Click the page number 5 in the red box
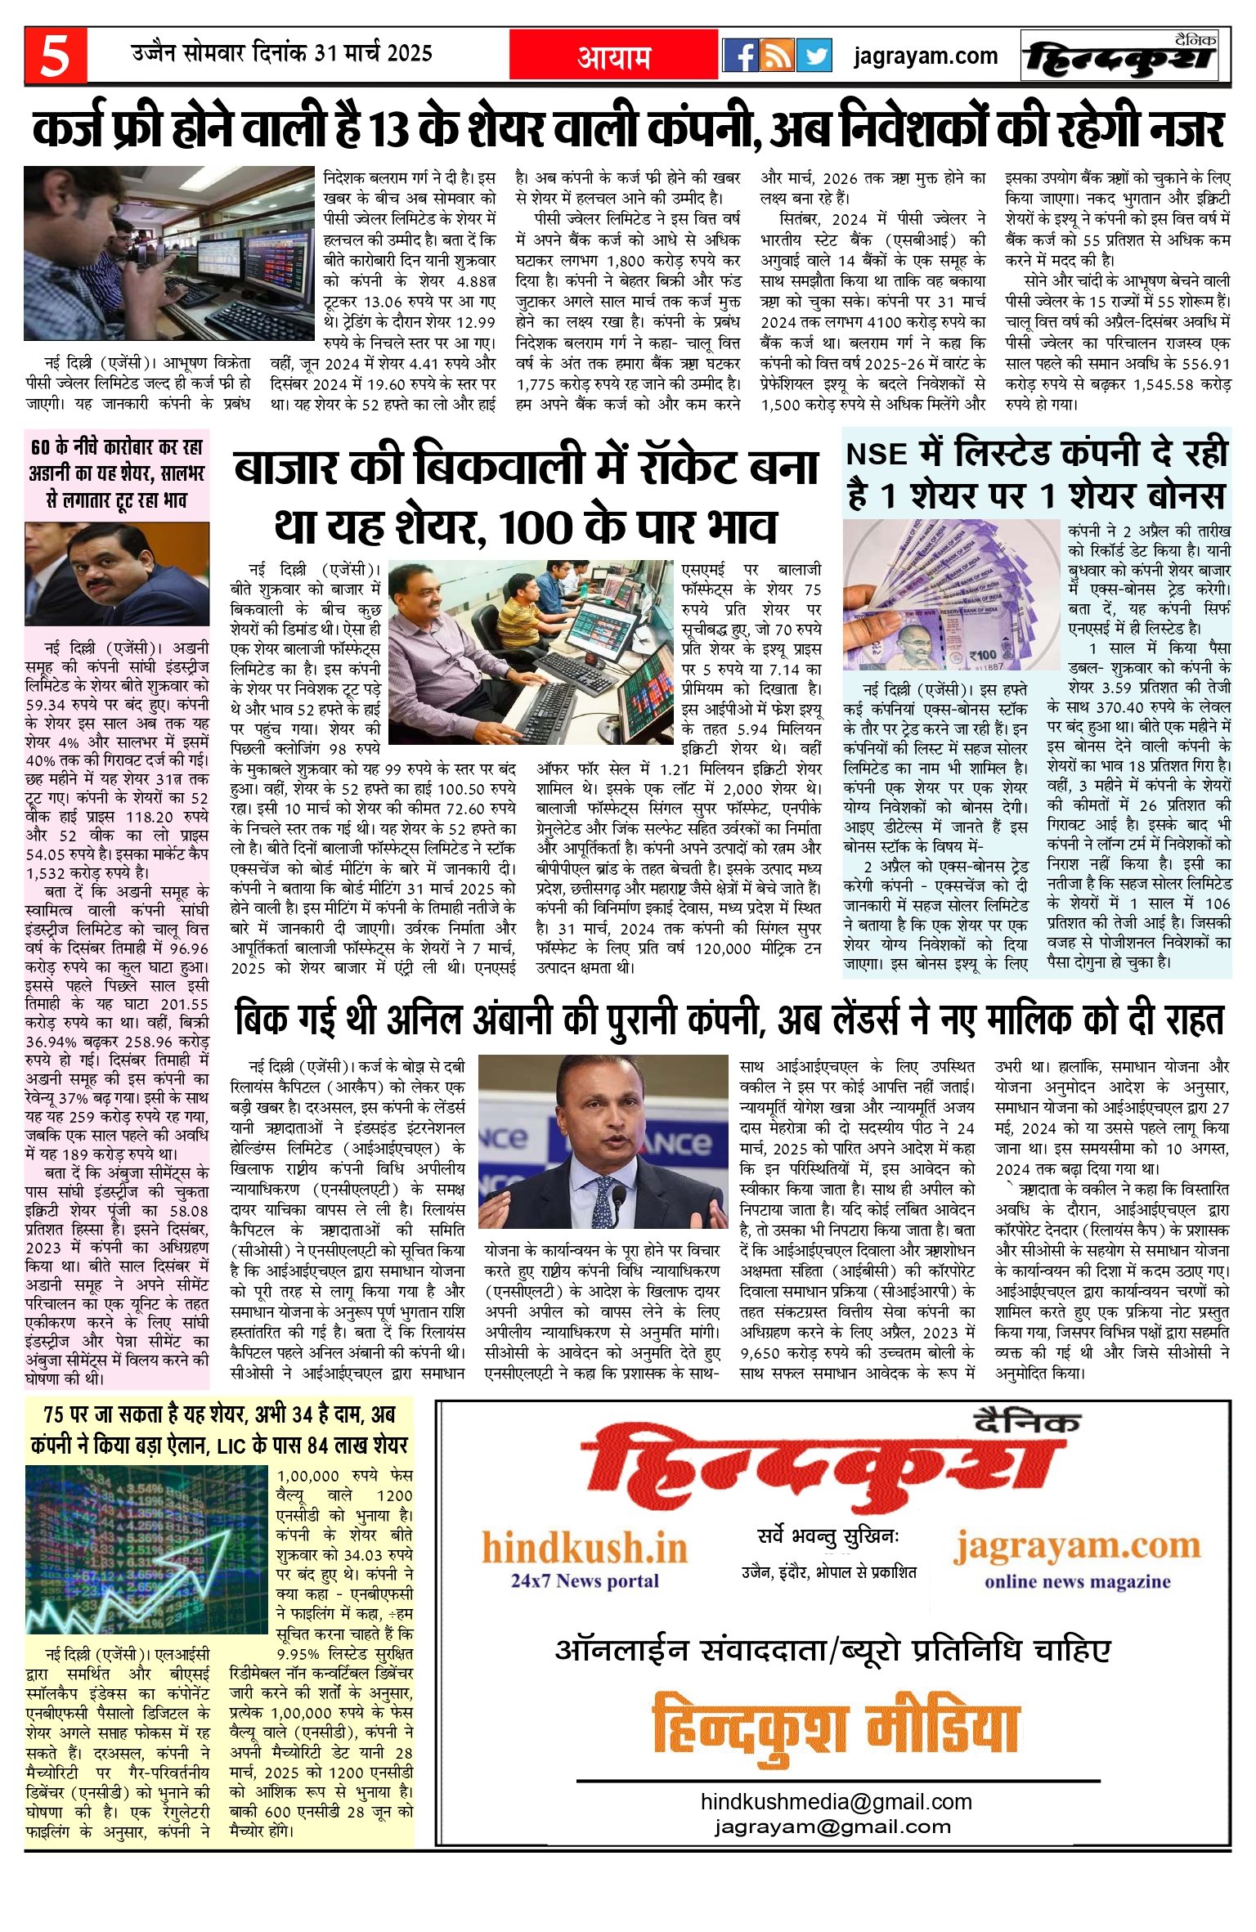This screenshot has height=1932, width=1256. pyautogui.click(x=55, y=56)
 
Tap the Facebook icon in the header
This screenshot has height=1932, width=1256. pyautogui.click(x=741, y=56)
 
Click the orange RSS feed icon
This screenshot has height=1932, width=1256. pyautogui.click(x=777, y=56)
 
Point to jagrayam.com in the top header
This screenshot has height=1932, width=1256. pyautogui.click(x=926, y=56)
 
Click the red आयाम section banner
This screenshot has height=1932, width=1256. pyautogui.click(x=614, y=56)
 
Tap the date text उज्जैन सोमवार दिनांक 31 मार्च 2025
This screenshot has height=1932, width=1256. pyautogui.click(x=282, y=54)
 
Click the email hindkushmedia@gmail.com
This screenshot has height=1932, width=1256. pyautogui.click(x=836, y=1801)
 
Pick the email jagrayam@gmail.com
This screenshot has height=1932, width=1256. pyautogui.click(x=832, y=1827)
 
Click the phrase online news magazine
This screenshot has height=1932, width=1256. pyautogui.click(x=1077, y=1581)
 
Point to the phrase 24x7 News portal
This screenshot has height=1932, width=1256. pyautogui.click(x=585, y=1580)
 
